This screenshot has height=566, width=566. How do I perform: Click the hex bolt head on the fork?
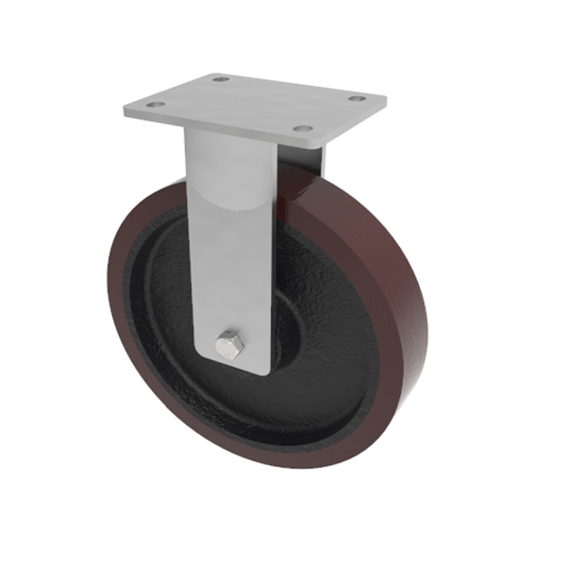pos(228,346)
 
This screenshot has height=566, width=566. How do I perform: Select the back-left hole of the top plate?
pos(220,79)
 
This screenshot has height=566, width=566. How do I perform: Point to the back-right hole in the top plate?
pos(357,98)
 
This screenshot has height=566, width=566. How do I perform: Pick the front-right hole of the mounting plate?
pos(301,128)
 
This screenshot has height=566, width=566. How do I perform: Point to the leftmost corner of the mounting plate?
pos(124,110)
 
